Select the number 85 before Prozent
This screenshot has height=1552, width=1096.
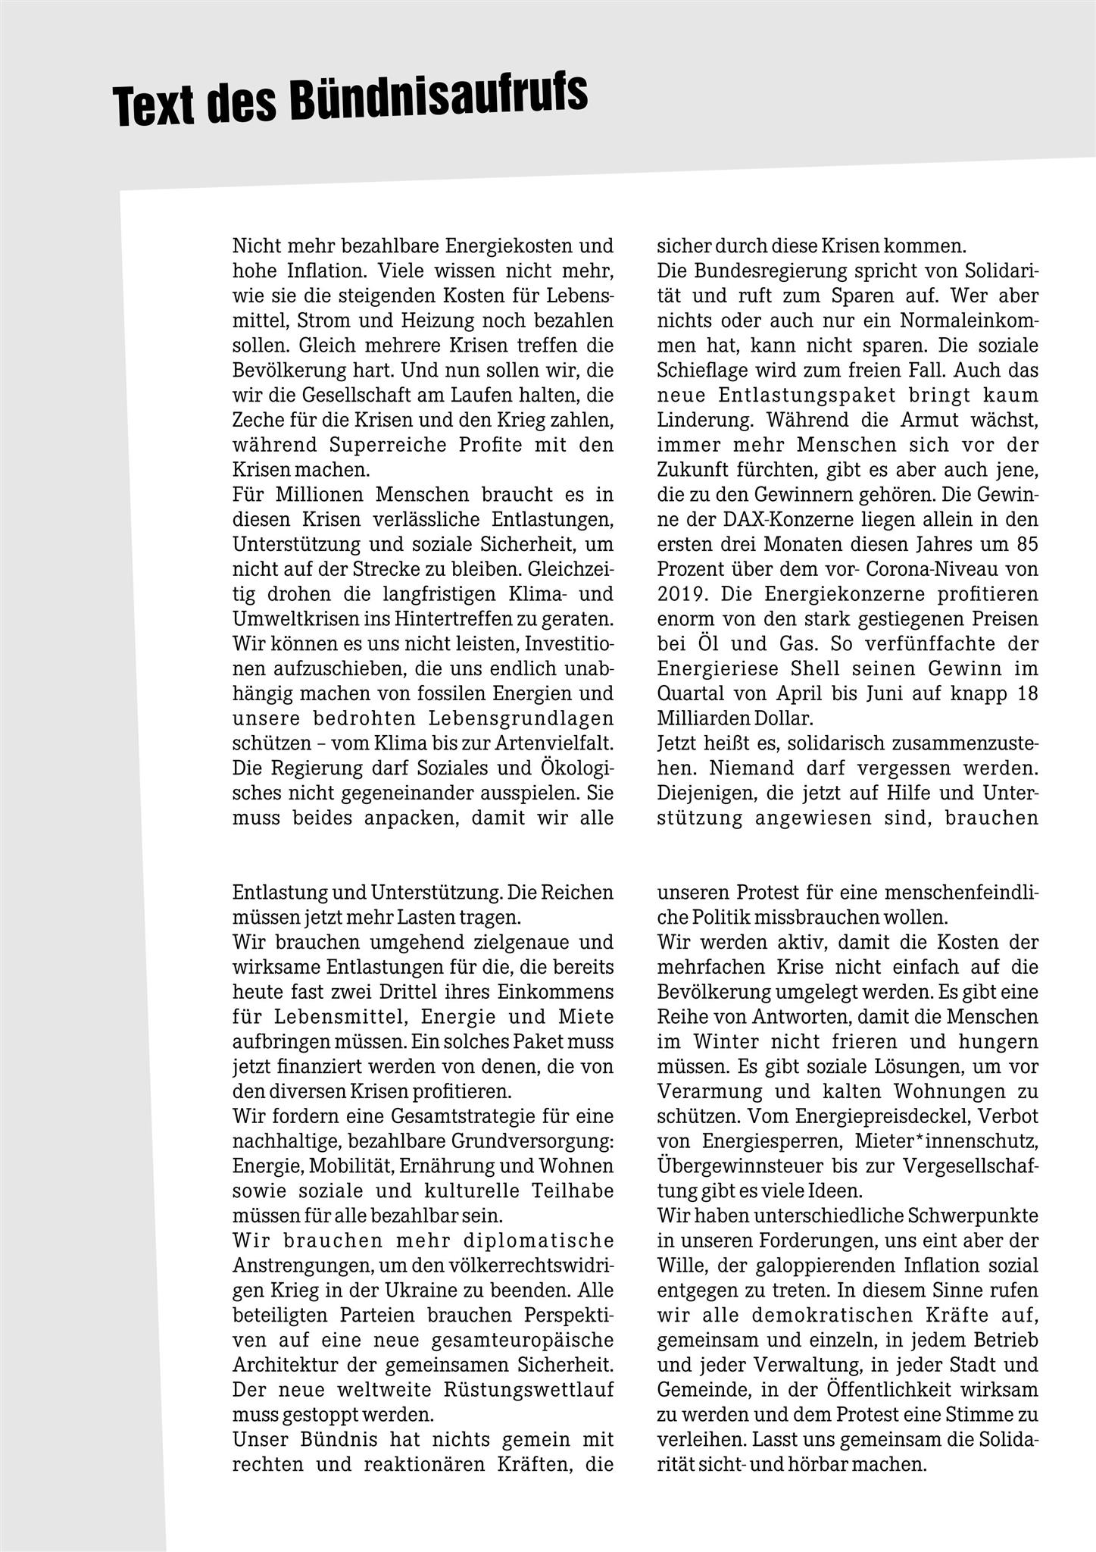[x=1028, y=545]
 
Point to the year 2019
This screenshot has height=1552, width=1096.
[x=679, y=594]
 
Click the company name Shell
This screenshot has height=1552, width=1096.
[x=820, y=669]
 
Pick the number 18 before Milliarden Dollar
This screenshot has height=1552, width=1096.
[x=1028, y=693]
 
